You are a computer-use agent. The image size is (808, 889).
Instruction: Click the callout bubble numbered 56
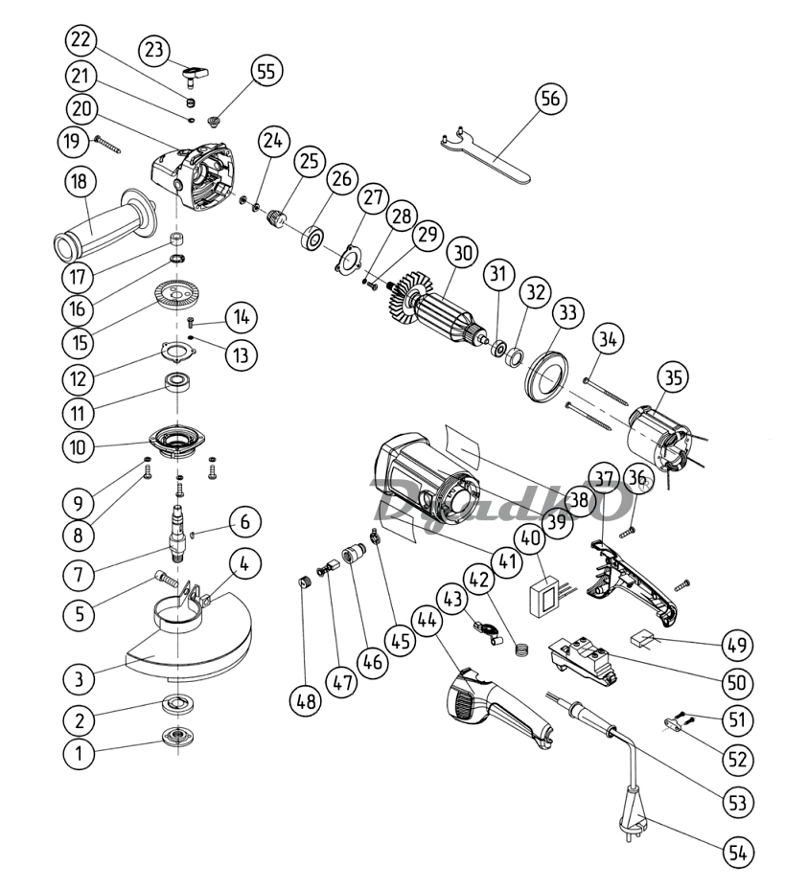[550, 99]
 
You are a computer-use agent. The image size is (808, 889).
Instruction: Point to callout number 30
[462, 252]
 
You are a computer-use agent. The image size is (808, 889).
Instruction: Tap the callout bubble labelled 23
[154, 51]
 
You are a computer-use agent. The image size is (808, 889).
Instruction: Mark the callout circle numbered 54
[738, 853]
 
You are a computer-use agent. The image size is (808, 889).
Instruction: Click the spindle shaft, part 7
[178, 531]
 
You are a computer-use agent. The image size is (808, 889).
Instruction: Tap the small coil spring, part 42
[522, 650]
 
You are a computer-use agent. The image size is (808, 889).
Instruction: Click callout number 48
[306, 701]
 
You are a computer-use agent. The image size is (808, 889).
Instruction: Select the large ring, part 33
[545, 376]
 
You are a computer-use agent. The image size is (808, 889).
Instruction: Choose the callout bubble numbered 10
[79, 446]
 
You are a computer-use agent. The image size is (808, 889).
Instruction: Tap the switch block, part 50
[583, 658]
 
